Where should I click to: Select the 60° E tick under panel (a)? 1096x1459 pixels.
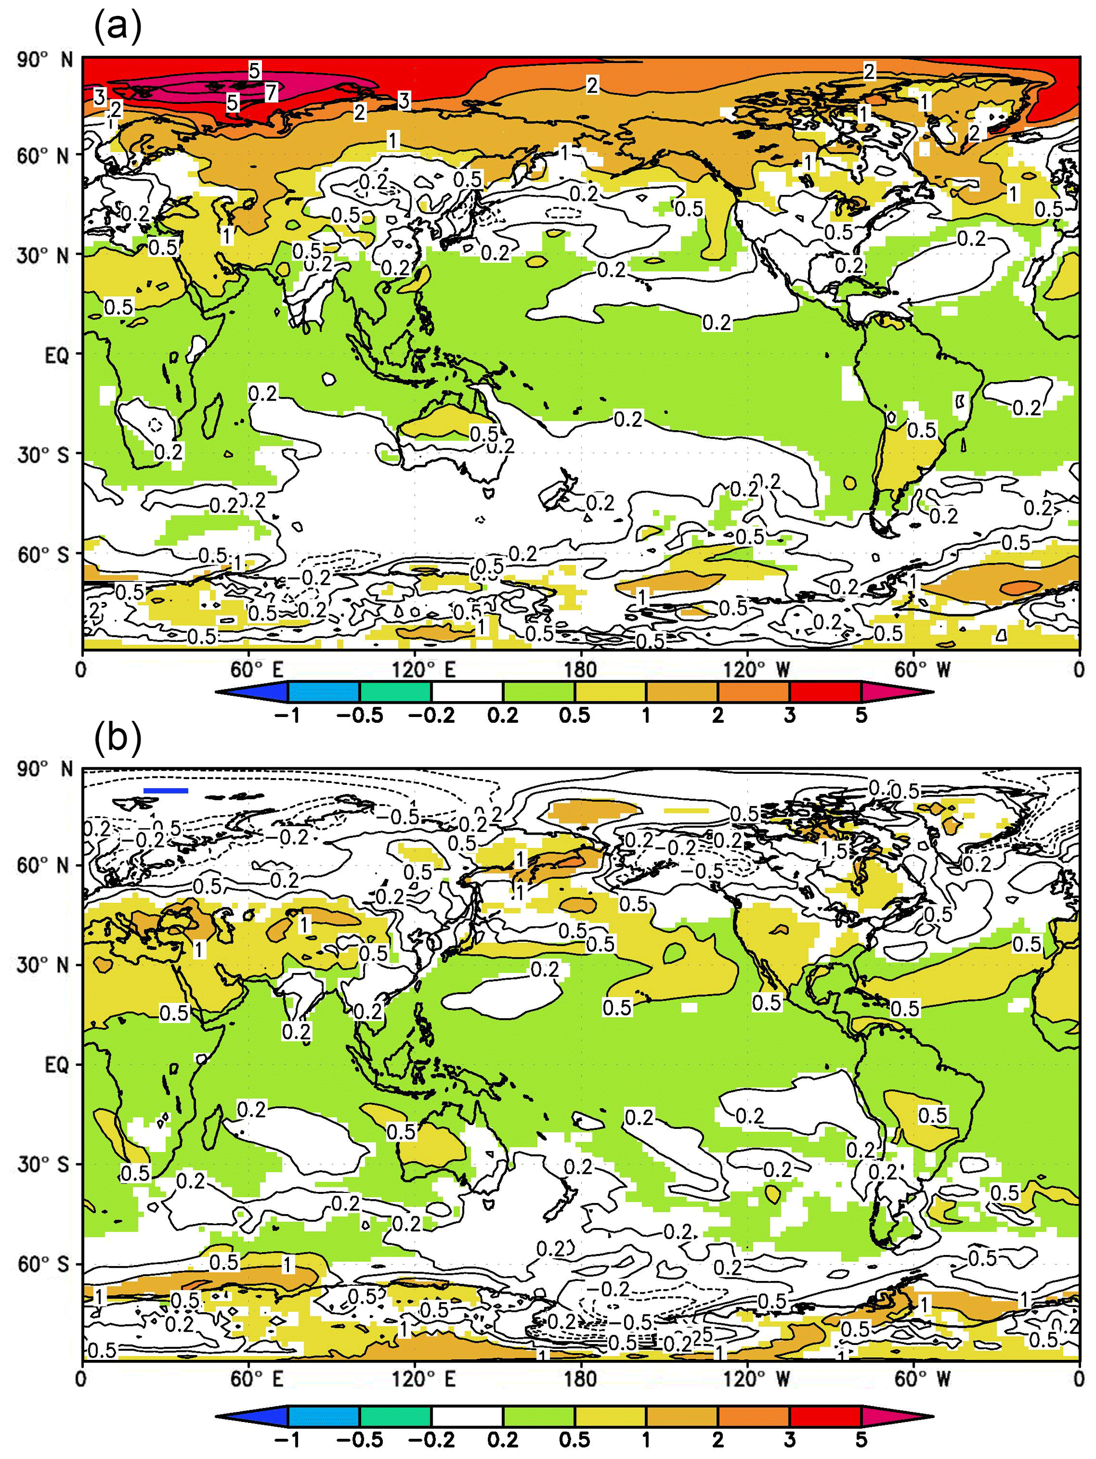(x=257, y=670)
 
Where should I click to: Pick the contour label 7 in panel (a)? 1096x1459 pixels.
(x=270, y=93)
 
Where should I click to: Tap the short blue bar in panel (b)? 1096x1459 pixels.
(x=165, y=790)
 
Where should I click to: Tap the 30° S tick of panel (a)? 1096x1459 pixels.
(x=43, y=455)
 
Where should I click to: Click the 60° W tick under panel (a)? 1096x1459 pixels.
(x=923, y=670)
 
